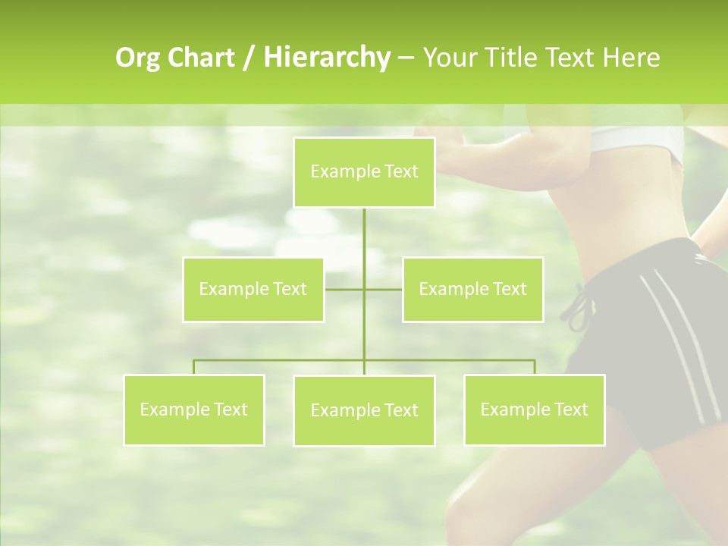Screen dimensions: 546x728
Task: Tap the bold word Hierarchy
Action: [326, 58]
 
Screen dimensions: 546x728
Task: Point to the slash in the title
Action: [249, 58]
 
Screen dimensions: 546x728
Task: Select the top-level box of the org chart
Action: [364, 172]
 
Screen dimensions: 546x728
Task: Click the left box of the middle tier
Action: [253, 290]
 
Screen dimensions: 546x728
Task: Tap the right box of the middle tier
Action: [472, 290]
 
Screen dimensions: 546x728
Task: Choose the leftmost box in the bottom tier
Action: [194, 410]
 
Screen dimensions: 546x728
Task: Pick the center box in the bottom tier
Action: [364, 411]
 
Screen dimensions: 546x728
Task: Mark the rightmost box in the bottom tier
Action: [534, 410]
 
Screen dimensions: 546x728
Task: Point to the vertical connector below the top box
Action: [364, 243]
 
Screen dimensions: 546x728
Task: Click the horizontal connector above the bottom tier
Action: [281, 360]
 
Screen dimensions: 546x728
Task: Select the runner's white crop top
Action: [645, 136]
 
